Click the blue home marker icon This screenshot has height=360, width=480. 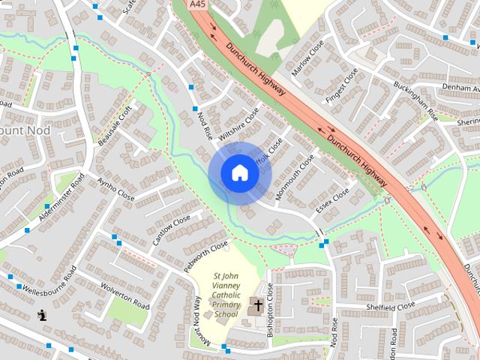[x=239, y=172]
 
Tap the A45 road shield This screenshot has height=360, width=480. [x=198, y=4]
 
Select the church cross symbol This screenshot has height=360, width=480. [x=257, y=305]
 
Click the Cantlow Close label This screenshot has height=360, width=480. [x=172, y=230]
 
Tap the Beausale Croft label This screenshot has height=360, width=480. [x=114, y=126]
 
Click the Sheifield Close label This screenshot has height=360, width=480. [x=396, y=307]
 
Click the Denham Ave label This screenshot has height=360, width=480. [x=457, y=87]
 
